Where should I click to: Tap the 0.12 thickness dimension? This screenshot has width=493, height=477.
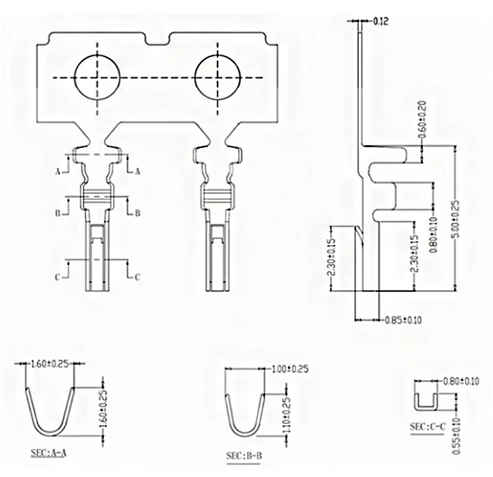pos(381,21)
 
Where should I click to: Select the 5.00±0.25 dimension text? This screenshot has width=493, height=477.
pos(457,219)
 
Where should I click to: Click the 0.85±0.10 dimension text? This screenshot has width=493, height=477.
pos(403,320)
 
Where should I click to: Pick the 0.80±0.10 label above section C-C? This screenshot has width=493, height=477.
pos(461,382)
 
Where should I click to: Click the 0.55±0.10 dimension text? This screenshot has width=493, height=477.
pos(457,436)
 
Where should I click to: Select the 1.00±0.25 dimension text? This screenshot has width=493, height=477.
pos(290,369)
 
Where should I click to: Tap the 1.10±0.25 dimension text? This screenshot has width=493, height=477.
pos(287,415)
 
